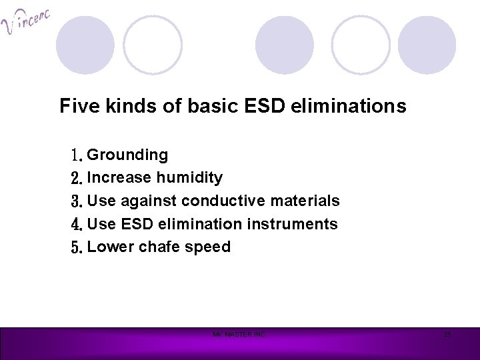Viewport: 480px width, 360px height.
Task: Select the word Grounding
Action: (127, 155)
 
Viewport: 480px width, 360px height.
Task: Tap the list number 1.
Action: (75, 155)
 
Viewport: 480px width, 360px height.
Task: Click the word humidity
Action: (190, 178)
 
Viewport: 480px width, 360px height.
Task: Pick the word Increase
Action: (120, 178)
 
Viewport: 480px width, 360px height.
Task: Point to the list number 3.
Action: (75, 201)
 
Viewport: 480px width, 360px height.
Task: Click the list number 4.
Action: (75, 223)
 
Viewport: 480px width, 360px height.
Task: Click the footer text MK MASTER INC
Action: (239, 334)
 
